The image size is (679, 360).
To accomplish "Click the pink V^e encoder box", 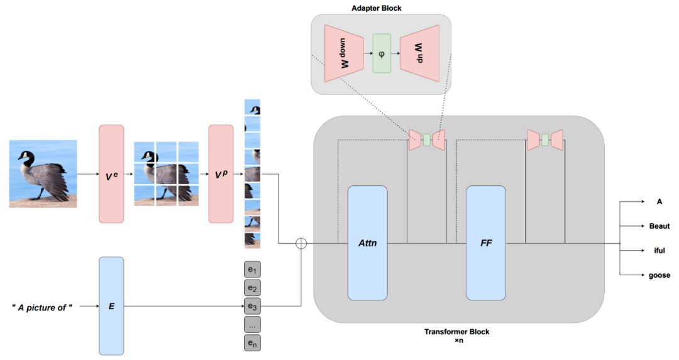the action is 111,174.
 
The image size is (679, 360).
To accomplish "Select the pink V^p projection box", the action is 221,174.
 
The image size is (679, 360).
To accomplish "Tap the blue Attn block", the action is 368,243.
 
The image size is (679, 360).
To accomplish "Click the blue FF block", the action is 486,243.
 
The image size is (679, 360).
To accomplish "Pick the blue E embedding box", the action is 111,306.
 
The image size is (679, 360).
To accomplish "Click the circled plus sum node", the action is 301,243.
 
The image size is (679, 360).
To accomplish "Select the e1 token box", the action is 253,270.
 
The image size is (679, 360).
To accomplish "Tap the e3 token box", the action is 253,306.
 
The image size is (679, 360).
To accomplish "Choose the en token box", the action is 253,342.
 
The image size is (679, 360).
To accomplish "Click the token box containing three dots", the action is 253,325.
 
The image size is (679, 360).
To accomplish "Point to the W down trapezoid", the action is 344,53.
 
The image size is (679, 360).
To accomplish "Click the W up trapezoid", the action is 419,53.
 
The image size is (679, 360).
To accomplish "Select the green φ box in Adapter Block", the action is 382,53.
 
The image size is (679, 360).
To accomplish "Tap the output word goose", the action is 659,275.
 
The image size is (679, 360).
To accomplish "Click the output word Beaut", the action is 659,226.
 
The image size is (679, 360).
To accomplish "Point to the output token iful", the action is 659,251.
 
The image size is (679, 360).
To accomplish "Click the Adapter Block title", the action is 377,8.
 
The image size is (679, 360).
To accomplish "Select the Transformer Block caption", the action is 457,332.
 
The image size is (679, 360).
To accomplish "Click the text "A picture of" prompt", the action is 42,308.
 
